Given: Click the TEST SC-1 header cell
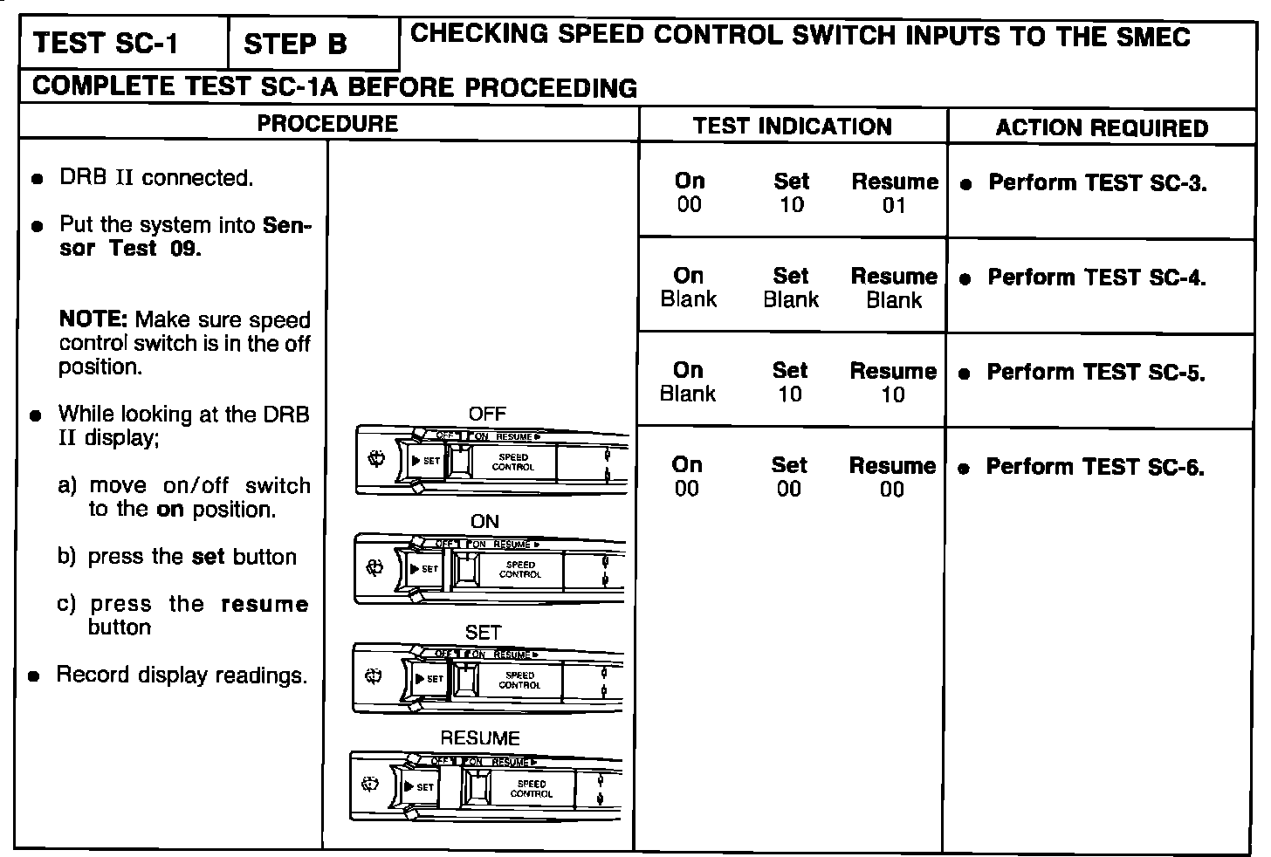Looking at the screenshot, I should [106, 44].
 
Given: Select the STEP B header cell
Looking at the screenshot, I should [296, 45].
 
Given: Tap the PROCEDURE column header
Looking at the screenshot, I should [327, 124].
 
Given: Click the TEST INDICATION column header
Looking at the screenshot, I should [793, 127].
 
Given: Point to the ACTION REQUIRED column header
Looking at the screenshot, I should [1102, 128].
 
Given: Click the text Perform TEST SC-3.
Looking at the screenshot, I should [1097, 183].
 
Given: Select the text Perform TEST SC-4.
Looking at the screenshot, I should [1096, 278].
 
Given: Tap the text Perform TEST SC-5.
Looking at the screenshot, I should [1096, 373].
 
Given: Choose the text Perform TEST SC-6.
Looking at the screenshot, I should [1095, 467].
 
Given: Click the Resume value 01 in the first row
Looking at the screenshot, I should [894, 206].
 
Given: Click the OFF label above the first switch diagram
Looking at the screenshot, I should [487, 414].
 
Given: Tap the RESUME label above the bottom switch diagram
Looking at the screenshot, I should [480, 738].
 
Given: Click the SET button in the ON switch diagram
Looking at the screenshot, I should [427, 569].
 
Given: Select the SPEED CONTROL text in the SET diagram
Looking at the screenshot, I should [520, 680].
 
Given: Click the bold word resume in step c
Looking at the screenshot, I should [265, 604].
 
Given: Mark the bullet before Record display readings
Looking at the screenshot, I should [34, 676].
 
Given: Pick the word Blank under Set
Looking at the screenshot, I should [791, 300].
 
